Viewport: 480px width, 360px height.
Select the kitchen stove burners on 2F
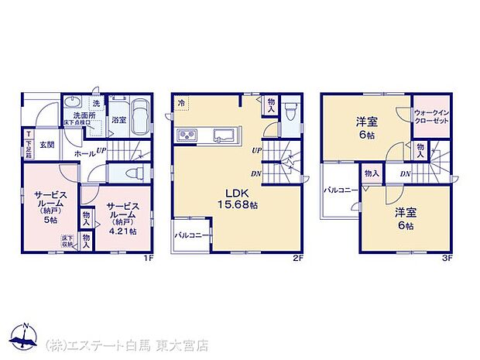click(x=190, y=136)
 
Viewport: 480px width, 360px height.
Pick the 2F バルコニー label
click(x=190, y=234)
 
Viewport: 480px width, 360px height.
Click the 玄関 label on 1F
click(x=47, y=145)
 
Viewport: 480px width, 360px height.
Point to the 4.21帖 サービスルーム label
click(x=123, y=218)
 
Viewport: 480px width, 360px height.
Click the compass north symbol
click(x=26, y=338)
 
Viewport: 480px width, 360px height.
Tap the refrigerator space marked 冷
click(x=181, y=102)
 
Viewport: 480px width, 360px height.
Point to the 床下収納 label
click(x=68, y=241)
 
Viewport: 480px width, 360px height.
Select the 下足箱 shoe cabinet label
click(x=28, y=146)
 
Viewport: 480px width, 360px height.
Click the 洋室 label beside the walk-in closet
click(x=367, y=127)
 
